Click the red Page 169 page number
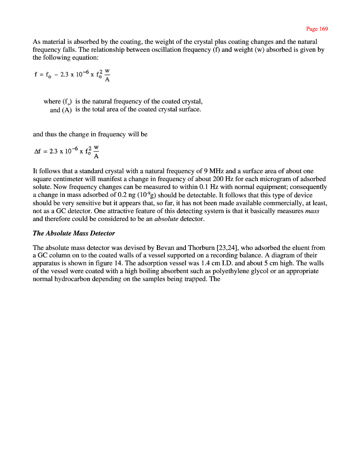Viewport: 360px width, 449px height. (317, 29)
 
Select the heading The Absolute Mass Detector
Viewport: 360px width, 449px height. (74, 233)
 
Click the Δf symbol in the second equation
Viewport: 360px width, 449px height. (37, 151)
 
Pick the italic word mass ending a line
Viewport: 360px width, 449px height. (312, 210)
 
